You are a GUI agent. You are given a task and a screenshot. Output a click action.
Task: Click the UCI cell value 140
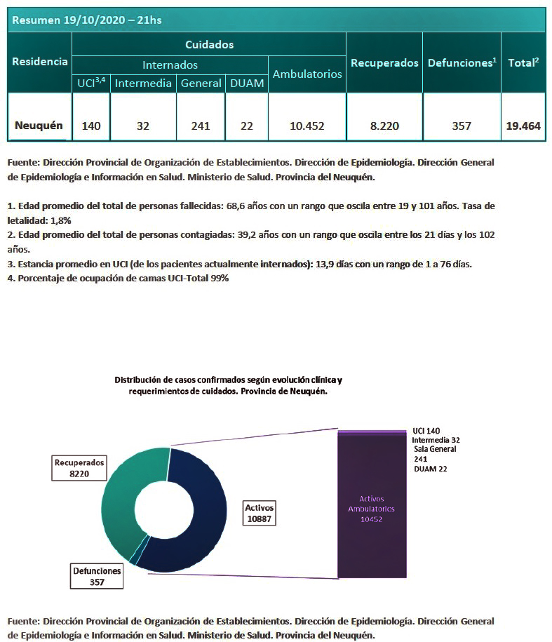point(91,126)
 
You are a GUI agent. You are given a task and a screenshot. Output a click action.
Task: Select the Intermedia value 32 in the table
point(143,126)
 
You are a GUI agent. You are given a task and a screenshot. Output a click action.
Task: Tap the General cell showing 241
point(201,126)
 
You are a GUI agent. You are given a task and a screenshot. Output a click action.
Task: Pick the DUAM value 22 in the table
point(246,126)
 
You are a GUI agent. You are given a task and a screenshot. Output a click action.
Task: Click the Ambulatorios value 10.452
point(307,126)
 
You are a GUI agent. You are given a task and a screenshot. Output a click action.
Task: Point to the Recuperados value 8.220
point(384,126)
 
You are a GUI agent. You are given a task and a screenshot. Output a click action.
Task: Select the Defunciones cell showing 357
point(462,126)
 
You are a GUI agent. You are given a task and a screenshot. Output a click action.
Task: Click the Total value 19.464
point(523,126)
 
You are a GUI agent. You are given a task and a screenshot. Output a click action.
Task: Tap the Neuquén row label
point(39,126)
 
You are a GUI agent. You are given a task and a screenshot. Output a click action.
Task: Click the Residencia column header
point(40,62)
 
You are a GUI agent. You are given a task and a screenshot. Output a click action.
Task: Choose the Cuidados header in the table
point(209,44)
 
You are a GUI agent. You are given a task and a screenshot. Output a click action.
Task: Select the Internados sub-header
point(170,65)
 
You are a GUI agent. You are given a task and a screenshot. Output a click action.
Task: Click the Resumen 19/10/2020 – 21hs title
point(87,20)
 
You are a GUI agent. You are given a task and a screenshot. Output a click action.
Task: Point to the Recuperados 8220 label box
point(79,468)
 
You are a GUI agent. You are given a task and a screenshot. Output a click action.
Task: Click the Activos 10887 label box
point(259,513)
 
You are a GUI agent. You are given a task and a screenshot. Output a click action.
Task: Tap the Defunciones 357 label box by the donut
point(97,576)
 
